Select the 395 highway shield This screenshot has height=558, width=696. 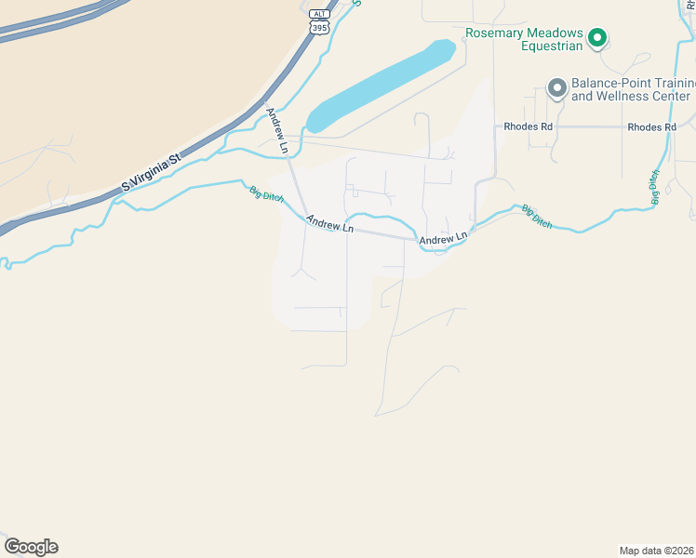(x=319, y=29)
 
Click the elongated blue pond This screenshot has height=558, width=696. (x=381, y=86)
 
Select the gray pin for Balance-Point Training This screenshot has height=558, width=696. (x=557, y=88)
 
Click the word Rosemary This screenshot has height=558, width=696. (x=495, y=31)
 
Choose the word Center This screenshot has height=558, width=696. (x=672, y=96)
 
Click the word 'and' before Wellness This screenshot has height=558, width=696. (x=582, y=96)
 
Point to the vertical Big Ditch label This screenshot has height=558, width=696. (x=655, y=187)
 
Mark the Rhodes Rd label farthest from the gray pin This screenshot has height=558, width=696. (x=650, y=126)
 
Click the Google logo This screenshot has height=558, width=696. (x=31, y=547)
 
